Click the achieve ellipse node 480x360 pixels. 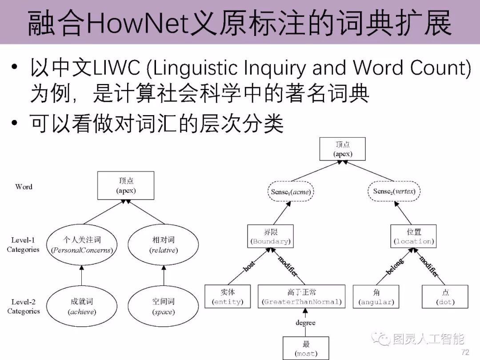pos(82,306)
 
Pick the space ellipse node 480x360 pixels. pos(164,306)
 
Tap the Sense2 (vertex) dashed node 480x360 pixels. pos(394,192)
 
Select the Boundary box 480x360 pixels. pos(270,236)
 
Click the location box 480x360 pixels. pos(414,236)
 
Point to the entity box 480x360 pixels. pos(228,297)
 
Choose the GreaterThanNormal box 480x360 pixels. pos(302,297)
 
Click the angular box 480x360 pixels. pos(376,297)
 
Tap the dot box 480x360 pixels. pos(445,297)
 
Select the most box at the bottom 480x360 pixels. pos(306,348)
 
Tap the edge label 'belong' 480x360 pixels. pos(395,266)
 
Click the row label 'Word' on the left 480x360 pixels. pos(24,187)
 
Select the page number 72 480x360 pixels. pos(465,352)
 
